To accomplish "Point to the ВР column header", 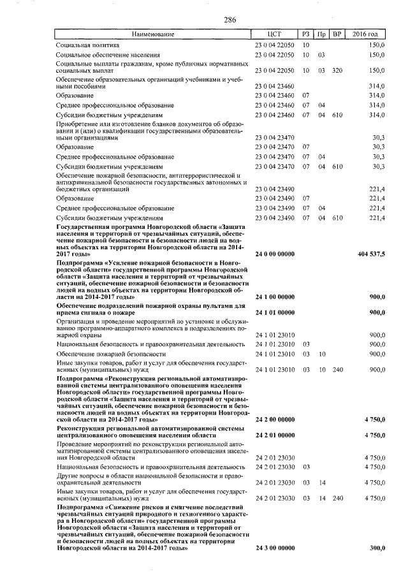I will point(338,34).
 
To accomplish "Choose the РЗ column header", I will point(307,34).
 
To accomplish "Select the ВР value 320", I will point(338,70).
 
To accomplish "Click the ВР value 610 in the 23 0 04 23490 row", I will point(338,218).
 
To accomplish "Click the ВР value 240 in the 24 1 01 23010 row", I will point(338,369).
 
